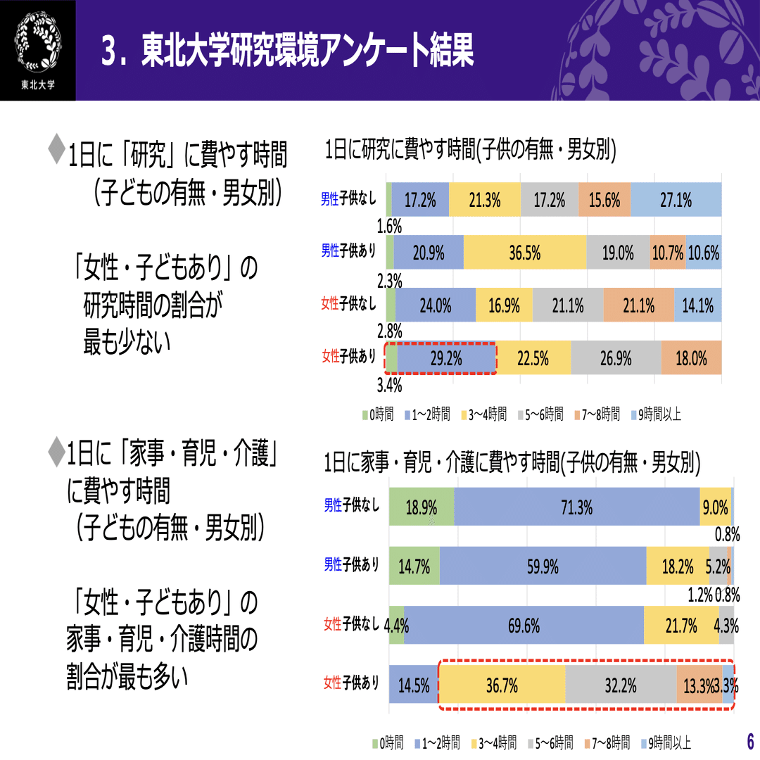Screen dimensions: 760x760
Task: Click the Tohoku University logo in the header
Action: pyautogui.click(x=38, y=50)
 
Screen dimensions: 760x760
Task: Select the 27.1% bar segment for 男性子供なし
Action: pyautogui.click(x=676, y=200)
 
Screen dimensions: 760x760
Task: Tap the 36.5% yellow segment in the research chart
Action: pyautogui.click(x=525, y=253)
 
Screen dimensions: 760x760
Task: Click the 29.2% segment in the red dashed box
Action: pyautogui.click(x=446, y=359)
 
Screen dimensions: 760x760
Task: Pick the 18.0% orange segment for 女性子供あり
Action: pyautogui.click(x=691, y=358)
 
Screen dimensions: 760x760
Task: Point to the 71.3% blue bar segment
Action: pyautogui.click(x=577, y=506)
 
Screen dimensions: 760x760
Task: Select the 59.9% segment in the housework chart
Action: pyautogui.click(x=543, y=566)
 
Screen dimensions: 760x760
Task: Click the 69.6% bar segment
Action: pyautogui.click(x=524, y=625)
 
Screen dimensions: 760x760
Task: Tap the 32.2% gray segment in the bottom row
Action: pyautogui.click(x=621, y=685)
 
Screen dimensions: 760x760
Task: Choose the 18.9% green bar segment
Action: pyautogui.click(x=422, y=507)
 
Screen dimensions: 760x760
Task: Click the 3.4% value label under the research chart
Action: pyautogui.click(x=389, y=385)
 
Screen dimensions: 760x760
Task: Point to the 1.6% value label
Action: pyautogui.click(x=389, y=226)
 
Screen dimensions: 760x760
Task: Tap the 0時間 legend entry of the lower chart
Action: pyautogui.click(x=388, y=742)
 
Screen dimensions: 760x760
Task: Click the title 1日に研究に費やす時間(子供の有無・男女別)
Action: pyautogui.click(x=471, y=151)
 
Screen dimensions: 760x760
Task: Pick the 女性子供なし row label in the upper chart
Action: pyautogui.click(x=348, y=305)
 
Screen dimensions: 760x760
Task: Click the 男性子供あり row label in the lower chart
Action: pyautogui.click(x=351, y=564)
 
